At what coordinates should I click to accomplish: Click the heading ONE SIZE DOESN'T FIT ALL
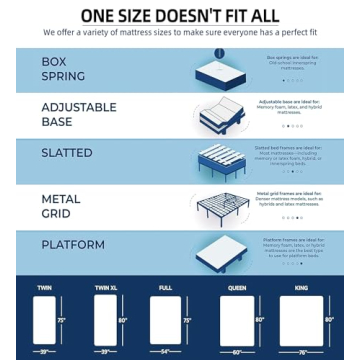(180, 15)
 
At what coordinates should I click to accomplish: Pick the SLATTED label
(66, 153)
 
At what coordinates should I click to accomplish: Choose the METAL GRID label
(61, 206)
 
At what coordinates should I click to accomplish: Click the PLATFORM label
(72, 244)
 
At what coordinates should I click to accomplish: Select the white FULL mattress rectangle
(164, 322)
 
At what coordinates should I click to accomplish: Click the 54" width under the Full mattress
(164, 353)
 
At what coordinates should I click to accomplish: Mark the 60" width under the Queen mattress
(237, 353)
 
